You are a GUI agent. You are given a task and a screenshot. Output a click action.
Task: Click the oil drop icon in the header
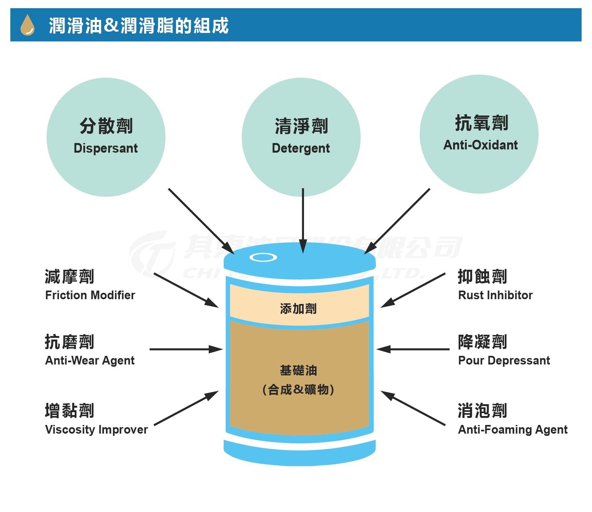(x=27, y=25)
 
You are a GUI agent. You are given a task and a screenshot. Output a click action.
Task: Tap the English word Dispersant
(x=105, y=148)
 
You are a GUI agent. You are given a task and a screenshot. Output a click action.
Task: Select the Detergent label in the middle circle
(x=300, y=148)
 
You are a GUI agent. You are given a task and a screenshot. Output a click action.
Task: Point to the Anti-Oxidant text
(x=480, y=145)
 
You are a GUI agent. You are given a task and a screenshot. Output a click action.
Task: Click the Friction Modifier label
(x=90, y=295)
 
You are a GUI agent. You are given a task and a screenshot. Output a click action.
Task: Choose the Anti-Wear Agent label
(x=90, y=360)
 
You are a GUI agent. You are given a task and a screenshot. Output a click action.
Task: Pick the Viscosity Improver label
(x=96, y=429)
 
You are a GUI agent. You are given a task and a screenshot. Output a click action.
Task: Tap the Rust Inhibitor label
(x=495, y=295)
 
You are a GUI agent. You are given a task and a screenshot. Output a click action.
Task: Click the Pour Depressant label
(x=504, y=360)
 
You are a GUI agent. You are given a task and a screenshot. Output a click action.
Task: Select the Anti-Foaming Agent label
(x=513, y=429)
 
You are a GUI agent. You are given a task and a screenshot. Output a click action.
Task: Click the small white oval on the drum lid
(x=263, y=257)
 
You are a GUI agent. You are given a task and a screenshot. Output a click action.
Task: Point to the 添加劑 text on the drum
(x=298, y=309)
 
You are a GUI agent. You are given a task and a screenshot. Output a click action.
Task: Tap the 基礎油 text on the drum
(x=298, y=370)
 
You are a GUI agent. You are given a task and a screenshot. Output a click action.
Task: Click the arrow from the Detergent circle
(x=303, y=221)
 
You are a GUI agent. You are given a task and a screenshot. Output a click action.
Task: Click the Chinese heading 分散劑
(x=106, y=126)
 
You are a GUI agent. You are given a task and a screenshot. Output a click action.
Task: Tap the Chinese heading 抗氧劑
(x=481, y=123)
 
